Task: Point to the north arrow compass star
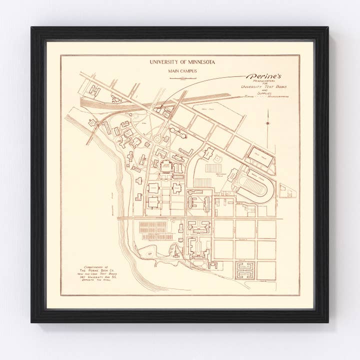pyautogui.click(x=267, y=122)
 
